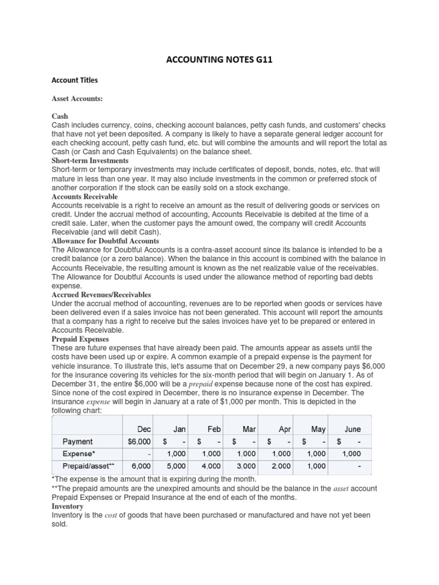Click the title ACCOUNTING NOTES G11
[219, 59]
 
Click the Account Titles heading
[73, 81]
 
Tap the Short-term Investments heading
[90, 161]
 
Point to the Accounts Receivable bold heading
[85, 197]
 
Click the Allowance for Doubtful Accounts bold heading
[105, 242]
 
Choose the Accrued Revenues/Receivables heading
[101, 295]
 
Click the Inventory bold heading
[67, 506]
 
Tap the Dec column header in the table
[144, 428]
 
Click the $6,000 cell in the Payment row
[139, 441]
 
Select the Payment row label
[78, 441]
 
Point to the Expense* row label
[79, 454]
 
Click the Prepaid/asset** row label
[88, 466]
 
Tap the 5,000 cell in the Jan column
[177, 466]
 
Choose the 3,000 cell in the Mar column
[246, 466]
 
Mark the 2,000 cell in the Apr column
[281, 466]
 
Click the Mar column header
[249, 428]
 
